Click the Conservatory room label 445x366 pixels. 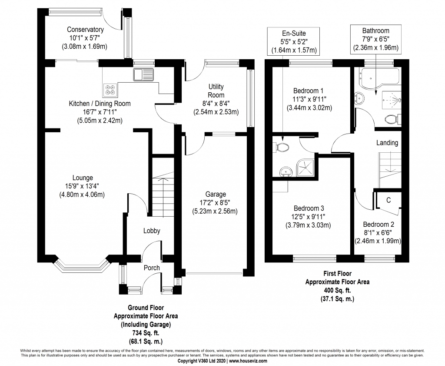pos(85,30)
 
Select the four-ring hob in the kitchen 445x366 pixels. pos(110,90)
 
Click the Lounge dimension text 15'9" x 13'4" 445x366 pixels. pos(83,186)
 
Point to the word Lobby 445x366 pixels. pos(152,231)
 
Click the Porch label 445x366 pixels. pos(152,268)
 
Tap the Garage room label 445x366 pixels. pos(216,194)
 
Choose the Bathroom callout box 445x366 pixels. pos(376,39)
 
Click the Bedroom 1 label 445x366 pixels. pos(308,91)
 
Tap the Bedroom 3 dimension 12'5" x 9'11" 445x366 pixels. pos(308,217)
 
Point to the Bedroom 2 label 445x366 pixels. pos(378,225)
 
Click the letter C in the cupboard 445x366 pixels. pos(389,201)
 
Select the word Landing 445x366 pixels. pos(387,142)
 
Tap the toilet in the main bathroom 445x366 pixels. pos(392,118)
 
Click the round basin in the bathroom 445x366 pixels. pos(360,98)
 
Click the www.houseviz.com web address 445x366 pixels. pos(248,361)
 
